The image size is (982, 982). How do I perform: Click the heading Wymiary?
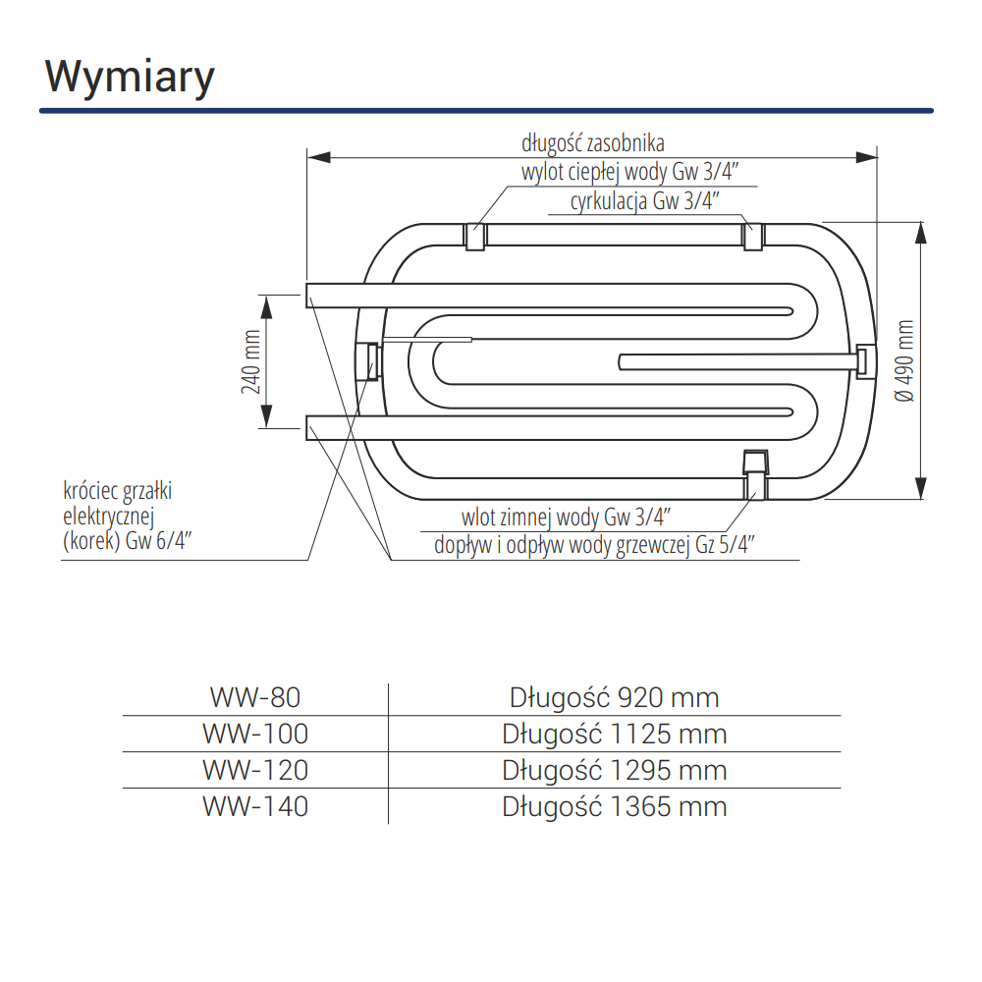(130, 77)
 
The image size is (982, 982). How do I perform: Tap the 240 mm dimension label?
(252, 360)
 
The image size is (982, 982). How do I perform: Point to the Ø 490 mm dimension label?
(904, 360)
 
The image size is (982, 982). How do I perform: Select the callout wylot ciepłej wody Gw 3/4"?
(629, 173)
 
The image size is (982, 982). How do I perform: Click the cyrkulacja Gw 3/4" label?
(645, 202)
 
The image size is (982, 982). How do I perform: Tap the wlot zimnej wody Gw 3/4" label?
(567, 517)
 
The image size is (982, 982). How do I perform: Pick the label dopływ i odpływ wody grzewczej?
(594, 546)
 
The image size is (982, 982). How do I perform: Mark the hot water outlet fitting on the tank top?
(475, 237)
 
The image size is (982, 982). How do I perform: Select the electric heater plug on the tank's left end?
(370, 360)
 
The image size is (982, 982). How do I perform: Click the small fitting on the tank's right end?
(864, 360)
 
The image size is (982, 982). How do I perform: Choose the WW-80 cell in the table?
(254, 697)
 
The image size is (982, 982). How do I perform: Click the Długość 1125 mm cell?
(615, 734)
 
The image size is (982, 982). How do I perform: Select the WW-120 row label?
(254, 770)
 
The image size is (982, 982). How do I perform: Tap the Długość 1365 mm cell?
(615, 806)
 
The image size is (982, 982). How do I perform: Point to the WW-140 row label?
(254, 806)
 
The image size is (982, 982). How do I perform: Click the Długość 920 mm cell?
(615, 697)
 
